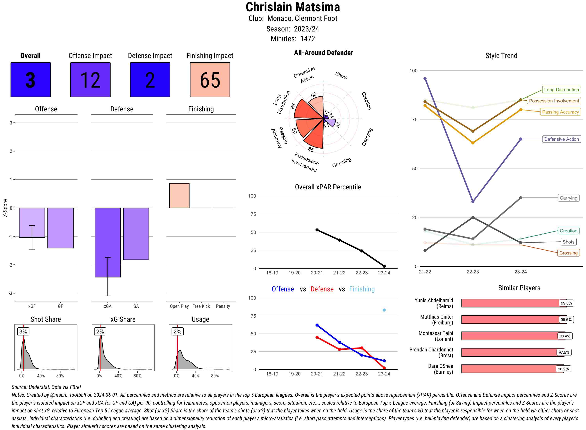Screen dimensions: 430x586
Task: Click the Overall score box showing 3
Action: [x=30, y=80]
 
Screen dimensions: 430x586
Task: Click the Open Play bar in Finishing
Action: [x=179, y=195]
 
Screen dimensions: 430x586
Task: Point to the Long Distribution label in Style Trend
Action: [x=561, y=90]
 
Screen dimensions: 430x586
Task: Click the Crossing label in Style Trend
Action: [x=568, y=253]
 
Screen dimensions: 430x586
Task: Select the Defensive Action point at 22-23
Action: [x=473, y=202]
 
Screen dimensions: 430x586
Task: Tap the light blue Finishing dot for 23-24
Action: [x=384, y=310]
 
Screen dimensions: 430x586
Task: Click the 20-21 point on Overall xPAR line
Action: [x=317, y=230]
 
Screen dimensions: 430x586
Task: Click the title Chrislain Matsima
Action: [x=293, y=7]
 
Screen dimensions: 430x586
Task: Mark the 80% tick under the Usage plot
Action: [x=215, y=376]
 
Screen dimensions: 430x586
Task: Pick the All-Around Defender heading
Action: [x=323, y=53]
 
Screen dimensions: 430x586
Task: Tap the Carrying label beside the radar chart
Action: [x=367, y=137]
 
